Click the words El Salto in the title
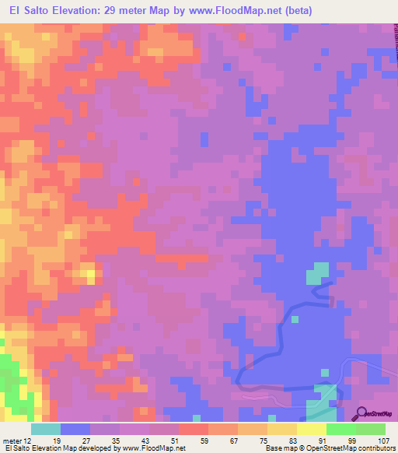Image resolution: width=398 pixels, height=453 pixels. pyautogui.click(x=32, y=10)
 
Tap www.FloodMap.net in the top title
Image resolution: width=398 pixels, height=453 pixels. pyautogui.click(x=231, y=10)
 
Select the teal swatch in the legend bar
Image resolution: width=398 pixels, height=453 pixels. pyautogui.click(x=46, y=429)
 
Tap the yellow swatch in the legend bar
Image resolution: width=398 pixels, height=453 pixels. pyautogui.click(x=312, y=429)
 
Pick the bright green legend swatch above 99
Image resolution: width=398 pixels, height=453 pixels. pyautogui.click(x=341, y=429)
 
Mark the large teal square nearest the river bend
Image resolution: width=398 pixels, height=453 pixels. pyautogui.click(x=318, y=273)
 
